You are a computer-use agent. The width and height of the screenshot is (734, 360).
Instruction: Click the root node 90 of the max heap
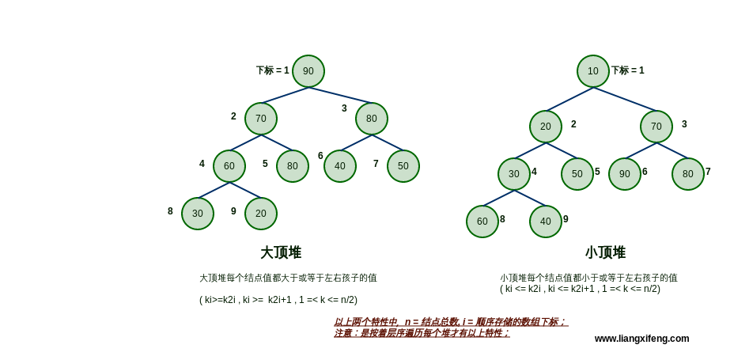(308, 71)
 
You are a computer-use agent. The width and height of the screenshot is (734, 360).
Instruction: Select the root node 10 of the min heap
(593, 71)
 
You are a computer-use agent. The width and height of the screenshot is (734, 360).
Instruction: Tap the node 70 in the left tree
(261, 119)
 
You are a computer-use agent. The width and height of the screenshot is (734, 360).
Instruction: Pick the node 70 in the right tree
(656, 127)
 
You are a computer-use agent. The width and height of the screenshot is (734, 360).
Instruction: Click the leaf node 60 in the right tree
(482, 222)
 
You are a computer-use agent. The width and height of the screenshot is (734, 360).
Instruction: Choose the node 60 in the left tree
(229, 166)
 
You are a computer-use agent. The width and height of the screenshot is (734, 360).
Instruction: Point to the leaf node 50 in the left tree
(403, 166)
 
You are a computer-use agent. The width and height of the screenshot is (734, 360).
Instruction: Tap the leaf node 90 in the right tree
(625, 174)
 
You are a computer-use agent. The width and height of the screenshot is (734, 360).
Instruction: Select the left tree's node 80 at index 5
(293, 166)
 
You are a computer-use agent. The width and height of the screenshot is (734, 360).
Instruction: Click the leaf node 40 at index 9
(546, 222)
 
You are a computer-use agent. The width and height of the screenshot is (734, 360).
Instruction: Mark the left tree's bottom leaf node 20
(261, 214)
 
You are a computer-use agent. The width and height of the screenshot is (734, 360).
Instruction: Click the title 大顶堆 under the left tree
(281, 252)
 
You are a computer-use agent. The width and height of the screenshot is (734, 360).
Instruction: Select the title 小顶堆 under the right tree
(605, 252)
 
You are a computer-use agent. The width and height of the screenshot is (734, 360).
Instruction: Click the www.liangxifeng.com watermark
(641, 339)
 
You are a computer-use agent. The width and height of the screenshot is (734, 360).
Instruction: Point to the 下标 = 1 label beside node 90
(272, 70)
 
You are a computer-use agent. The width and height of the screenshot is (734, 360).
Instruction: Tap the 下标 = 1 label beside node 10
(627, 70)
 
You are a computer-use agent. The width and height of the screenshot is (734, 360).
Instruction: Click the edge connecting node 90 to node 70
(285, 95)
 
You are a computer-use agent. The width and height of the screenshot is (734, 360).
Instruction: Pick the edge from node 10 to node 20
(569, 99)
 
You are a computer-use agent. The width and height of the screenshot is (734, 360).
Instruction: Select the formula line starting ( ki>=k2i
(278, 300)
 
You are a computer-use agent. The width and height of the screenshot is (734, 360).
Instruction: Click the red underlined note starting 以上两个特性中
(450, 322)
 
